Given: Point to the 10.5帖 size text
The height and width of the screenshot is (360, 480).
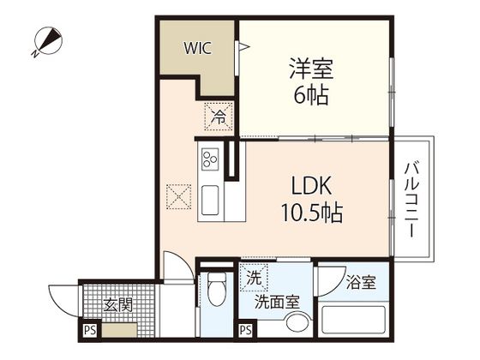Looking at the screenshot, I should pos(310,213).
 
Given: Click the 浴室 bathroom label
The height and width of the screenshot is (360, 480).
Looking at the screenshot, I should pos(360,282).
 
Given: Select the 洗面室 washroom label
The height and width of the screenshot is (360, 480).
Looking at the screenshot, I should pos(276,302).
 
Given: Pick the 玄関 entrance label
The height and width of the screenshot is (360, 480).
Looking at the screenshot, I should pos(118,303).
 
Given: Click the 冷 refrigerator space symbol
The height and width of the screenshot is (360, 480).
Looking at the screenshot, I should pos(219,116).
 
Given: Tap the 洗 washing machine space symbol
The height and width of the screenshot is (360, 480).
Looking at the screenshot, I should pos(253,277).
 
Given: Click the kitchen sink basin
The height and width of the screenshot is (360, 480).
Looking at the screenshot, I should pos(210,203).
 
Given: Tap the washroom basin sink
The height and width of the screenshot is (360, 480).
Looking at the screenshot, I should pos(297,323).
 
